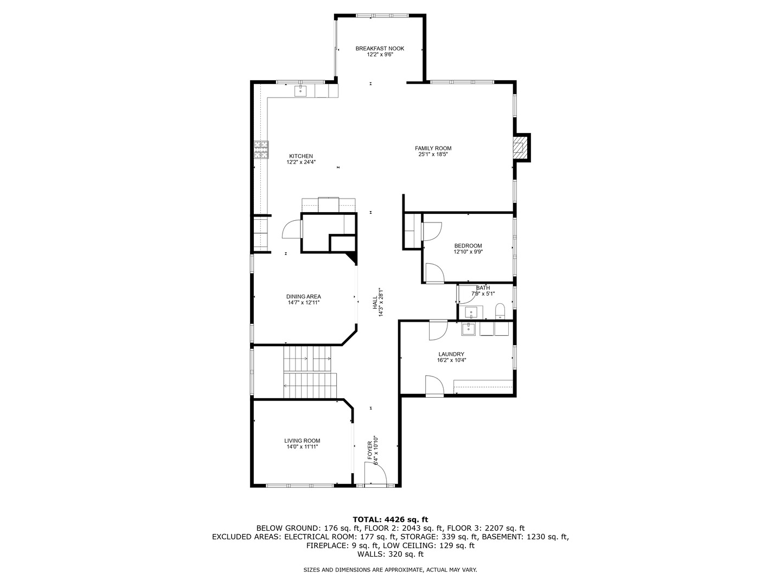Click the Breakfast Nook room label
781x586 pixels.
(380, 48)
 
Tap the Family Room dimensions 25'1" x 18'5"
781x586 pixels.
(433, 155)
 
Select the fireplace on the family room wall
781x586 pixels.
(521, 147)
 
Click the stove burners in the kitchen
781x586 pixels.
(261, 149)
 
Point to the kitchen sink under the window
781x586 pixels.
(300, 91)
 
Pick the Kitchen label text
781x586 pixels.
(301, 156)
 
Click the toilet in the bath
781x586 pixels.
(500, 311)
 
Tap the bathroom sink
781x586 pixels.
(471, 313)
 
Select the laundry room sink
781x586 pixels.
(469, 329)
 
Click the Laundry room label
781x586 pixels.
(451, 354)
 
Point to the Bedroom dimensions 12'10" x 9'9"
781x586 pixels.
(468, 252)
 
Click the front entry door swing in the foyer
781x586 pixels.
(376, 473)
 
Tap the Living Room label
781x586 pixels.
(302, 441)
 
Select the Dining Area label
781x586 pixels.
(304, 296)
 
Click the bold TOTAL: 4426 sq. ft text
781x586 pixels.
(390, 519)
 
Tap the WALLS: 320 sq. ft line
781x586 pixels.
(390, 554)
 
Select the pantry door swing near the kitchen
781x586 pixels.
(291, 229)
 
